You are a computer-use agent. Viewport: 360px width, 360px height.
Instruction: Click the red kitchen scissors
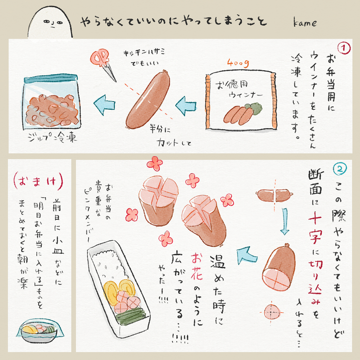click(103, 64)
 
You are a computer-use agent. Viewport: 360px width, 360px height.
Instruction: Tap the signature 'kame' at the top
click(305, 22)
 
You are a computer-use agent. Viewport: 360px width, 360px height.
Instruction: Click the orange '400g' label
click(238, 63)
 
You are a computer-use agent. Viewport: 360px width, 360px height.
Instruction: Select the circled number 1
click(344, 48)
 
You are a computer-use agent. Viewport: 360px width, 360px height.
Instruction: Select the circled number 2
click(340, 169)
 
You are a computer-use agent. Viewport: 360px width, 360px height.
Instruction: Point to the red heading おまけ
click(38, 181)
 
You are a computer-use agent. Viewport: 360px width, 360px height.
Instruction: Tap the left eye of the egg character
click(46, 22)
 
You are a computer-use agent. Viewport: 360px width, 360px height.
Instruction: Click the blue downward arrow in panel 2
click(285, 221)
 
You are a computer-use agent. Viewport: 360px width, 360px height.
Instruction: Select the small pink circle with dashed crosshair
click(272, 312)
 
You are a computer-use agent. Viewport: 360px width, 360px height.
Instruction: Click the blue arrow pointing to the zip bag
click(104, 105)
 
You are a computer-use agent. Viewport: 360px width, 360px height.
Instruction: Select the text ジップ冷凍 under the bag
click(52, 137)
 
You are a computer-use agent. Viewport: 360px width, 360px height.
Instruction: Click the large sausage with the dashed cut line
click(148, 99)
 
